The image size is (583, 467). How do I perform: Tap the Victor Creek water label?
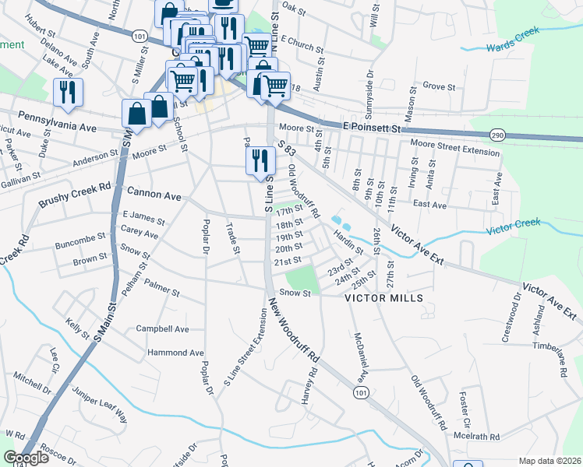(513, 230)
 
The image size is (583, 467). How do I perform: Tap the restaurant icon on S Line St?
(259, 160)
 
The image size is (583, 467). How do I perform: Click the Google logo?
(26, 458)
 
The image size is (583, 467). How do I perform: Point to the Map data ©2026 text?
(549, 461)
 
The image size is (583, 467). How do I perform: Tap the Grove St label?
(438, 86)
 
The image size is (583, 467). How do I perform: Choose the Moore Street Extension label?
(454, 152)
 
